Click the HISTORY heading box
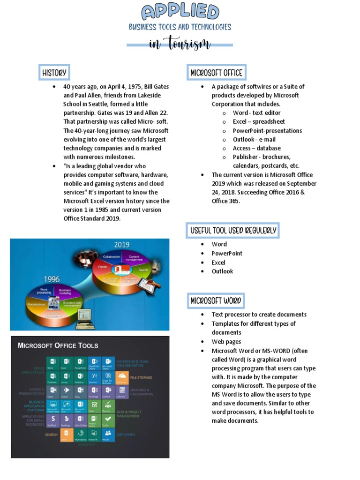click(54, 73)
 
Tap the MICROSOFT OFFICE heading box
click(216, 73)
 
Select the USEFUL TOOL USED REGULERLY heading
click(233, 230)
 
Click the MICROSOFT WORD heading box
click(216, 300)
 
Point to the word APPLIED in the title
click(180, 12)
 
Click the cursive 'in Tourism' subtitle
click(180, 45)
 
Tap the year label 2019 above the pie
click(122, 245)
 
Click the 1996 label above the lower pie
click(52, 279)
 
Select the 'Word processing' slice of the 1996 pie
click(45, 292)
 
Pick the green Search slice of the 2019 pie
click(143, 270)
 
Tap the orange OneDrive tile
click(121, 377)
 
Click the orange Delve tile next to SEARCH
click(67, 434)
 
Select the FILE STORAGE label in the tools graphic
click(141, 377)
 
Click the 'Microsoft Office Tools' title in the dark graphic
click(58, 345)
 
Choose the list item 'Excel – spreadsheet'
click(259, 121)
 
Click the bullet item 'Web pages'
click(226, 342)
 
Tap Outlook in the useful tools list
click(222, 271)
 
